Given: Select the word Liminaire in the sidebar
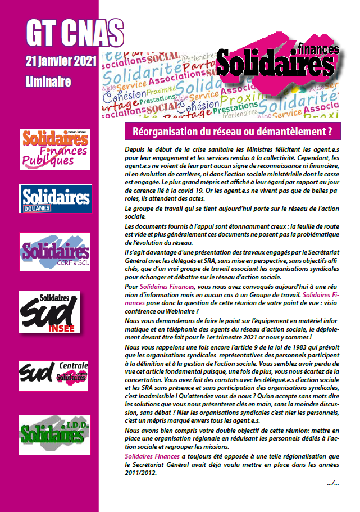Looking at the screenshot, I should tap(48, 81).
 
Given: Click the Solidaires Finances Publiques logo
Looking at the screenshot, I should tap(54, 149).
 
